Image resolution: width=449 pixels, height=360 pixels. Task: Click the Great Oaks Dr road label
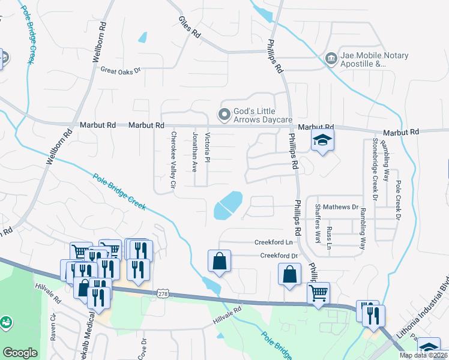pyautogui.click(x=120, y=70)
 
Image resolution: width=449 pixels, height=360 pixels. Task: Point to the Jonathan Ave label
pyautogui.click(x=194, y=152)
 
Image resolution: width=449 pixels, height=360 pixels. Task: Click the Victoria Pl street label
pyautogui.click(x=207, y=151)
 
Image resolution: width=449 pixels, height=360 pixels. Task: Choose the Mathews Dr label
pyautogui.click(x=340, y=207)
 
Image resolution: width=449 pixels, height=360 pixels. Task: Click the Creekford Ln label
pyautogui.click(x=273, y=242)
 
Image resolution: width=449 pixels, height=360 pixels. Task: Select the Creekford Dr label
pyautogui.click(x=279, y=256)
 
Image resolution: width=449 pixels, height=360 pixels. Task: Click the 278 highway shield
pyautogui.click(x=163, y=293)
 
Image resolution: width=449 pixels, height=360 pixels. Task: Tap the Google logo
pyautogui.click(x=20, y=353)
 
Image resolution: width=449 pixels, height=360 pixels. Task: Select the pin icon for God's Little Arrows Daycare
pyautogui.click(x=224, y=113)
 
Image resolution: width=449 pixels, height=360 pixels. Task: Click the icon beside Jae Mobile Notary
pyautogui.click(x=331, y=59)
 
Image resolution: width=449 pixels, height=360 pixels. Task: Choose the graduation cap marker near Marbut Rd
pyautogui.click(x=322, y=140)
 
